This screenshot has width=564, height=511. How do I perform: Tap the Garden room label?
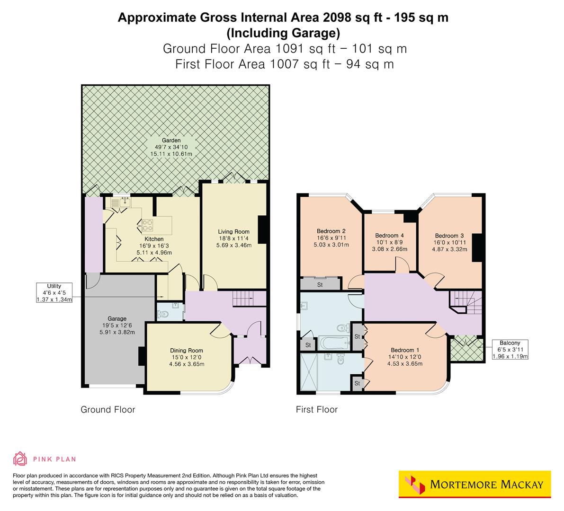pyautogui.click(x=171, y=147)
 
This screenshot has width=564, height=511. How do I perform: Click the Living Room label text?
pyautogui.click(x=233, y=238)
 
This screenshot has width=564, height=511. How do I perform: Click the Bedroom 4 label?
pyautogui.click(x=389, y=242)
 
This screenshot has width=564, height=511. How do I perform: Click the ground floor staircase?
pyautogui.click(x=243, y=299)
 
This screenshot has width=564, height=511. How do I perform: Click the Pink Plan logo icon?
pyautogui.click(x=20, y=458)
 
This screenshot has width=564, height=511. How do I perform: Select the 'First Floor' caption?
pyautogui.click(x=316, y=409)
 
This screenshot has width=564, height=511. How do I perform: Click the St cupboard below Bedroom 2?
pyautogui.click(x=320, y=284)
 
